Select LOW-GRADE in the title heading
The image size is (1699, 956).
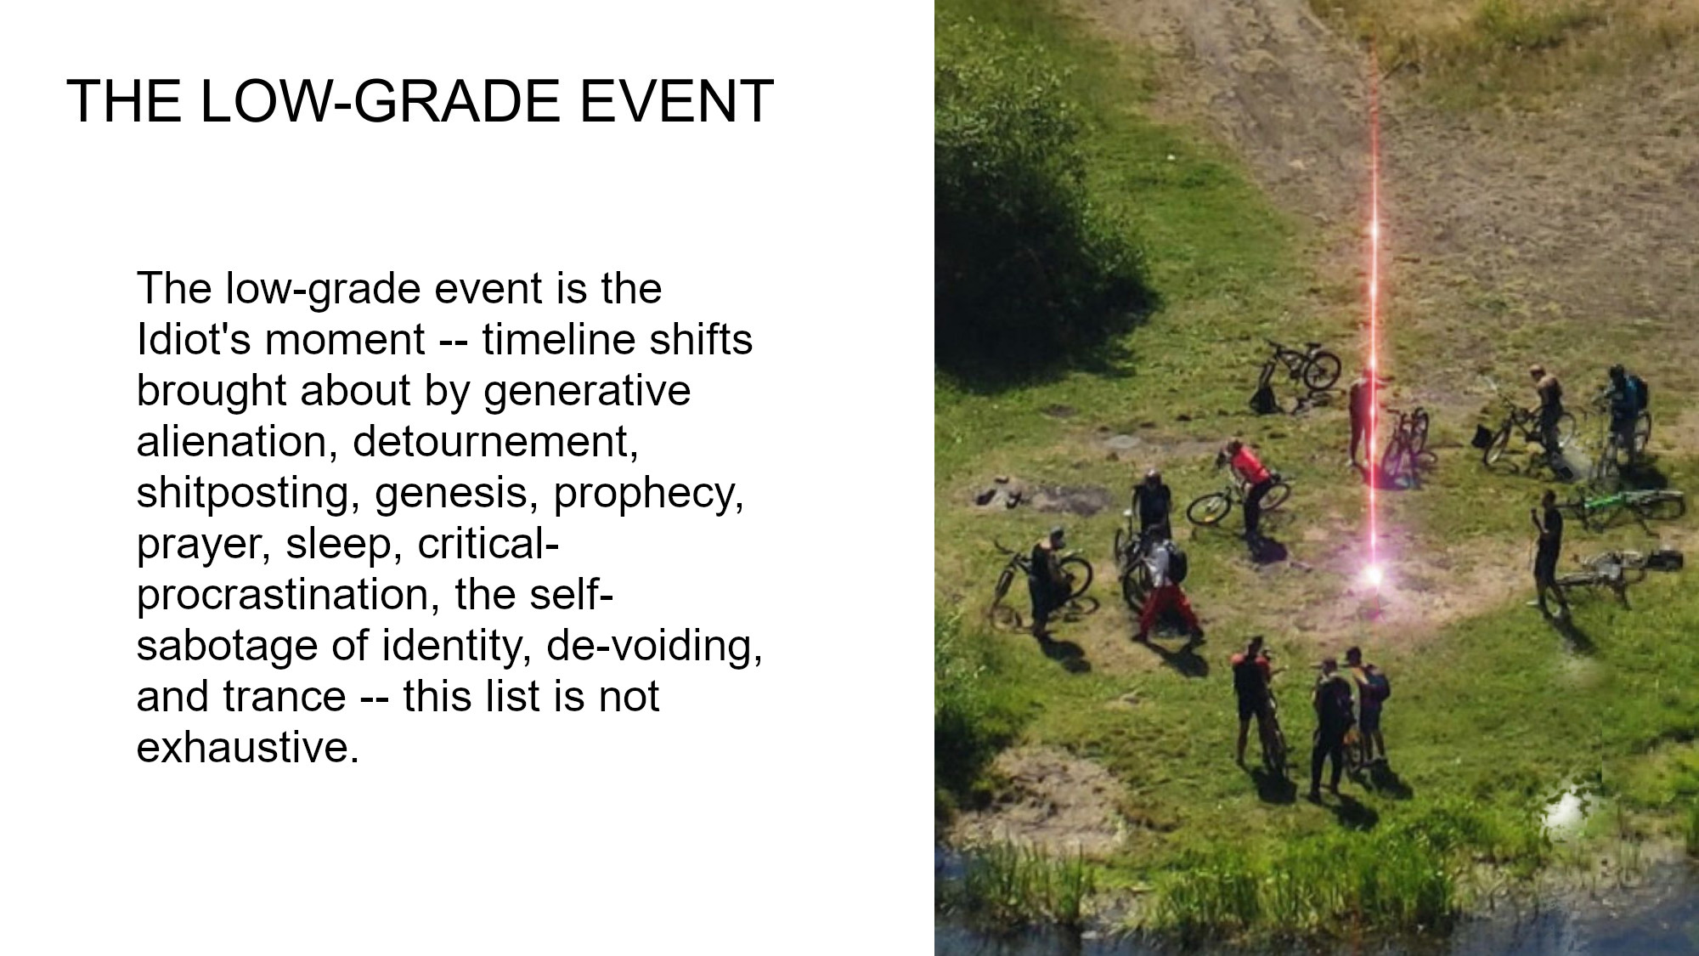(380, 102)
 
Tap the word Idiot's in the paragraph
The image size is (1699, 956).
(194, 340)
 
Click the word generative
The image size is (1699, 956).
(587, 392)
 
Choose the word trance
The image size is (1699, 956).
(285, 698)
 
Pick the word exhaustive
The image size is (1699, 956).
(247, 748)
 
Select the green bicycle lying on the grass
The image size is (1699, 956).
(1624, 503)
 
